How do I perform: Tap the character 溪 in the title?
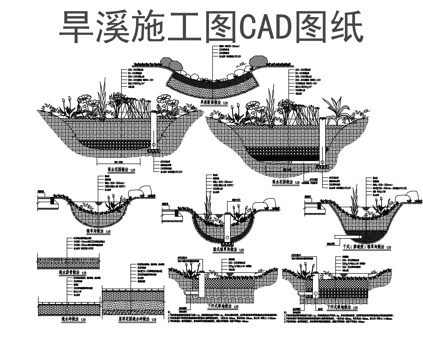coord(112,27)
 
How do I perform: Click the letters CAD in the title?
coord(258,27)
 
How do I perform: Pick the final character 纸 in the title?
coord(343,27)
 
